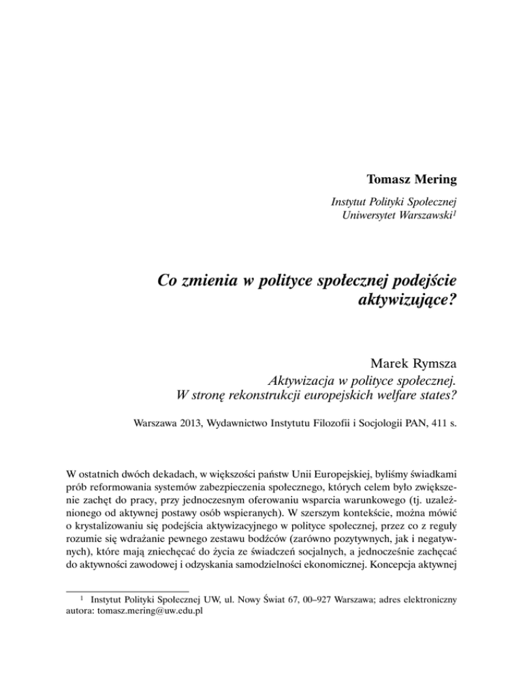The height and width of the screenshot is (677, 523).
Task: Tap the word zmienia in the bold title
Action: point(215,279)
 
